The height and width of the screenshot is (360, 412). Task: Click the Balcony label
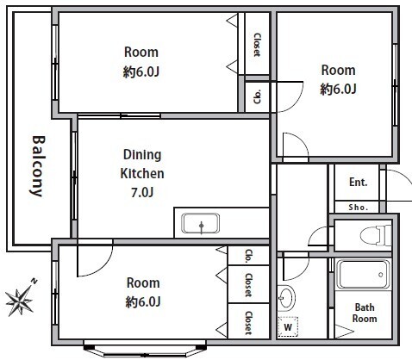click(x=38, y=166)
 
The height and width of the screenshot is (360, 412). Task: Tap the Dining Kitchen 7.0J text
click(x=142, y=173)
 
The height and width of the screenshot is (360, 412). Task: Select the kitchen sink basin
click(x=201, y=223)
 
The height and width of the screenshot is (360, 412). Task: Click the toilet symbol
click(x=376, y=235)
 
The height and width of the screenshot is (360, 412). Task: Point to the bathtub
click(x=363, y=275)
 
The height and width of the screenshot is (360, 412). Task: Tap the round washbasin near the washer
click(x=286, y=297)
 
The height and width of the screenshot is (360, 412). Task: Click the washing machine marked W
click(x=288, y=326)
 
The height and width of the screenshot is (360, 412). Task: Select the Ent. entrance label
click(x=359, y=182)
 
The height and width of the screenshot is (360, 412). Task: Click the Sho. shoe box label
click(x=359, y=208)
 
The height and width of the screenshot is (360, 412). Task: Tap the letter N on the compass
click(x=34, y=281)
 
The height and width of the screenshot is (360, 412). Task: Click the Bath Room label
click(x=365, y=313)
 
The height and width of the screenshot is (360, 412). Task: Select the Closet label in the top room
click(x=257, y=45)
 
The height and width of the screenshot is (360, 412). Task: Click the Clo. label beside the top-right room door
click(x=257, y=96)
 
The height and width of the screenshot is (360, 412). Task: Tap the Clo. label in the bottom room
click(x=248, y=256)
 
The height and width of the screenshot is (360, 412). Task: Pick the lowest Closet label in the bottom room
click(x=248, y=323)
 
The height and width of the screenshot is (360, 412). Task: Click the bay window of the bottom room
click(x=145, y=349)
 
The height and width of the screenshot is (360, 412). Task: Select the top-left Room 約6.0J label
click(x=141, y=62)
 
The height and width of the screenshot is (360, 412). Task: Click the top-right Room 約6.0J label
click(x=338, y=79)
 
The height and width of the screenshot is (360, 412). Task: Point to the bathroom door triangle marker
click(x=342, y=332)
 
